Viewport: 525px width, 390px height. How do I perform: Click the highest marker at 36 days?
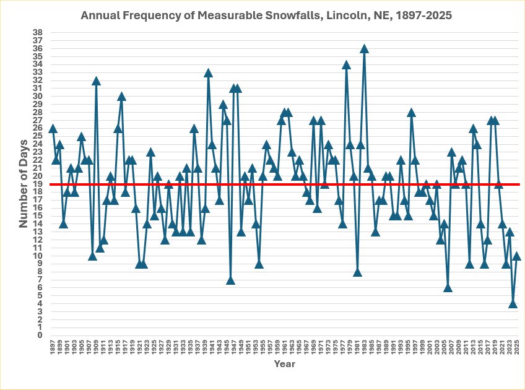[364, 48]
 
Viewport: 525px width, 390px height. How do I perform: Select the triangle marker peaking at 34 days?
[346, 64]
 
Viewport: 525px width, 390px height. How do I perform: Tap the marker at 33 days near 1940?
[208, 72]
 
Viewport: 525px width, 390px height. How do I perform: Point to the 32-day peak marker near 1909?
[96, 80]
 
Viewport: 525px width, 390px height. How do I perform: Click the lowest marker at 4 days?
[513, 303]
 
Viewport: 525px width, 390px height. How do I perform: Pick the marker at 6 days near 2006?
[448, 287]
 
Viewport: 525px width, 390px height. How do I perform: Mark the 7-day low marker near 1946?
[230, 280]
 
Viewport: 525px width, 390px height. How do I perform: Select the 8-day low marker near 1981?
[357, 272]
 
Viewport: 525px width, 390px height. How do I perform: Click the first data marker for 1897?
[53, 128]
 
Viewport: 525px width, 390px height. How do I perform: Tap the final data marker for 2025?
[516, 256]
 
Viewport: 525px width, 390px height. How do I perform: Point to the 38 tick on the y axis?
[38, 32]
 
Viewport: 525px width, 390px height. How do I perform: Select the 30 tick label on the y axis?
[38, 96]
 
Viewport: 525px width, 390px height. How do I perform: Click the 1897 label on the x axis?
[53, 347]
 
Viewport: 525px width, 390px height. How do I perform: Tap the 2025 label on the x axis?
[516, 347]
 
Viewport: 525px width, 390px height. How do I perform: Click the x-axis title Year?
[284, 364]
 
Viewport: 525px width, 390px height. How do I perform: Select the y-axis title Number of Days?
[22, 184]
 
